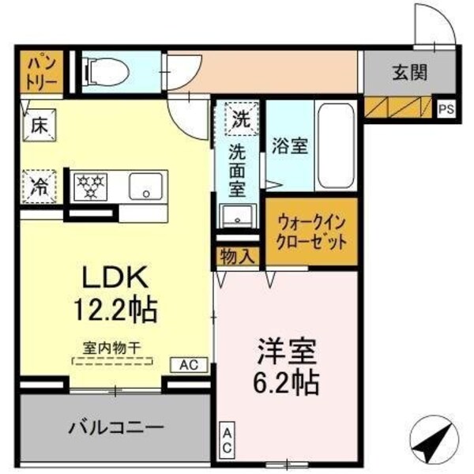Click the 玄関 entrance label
[408, 73]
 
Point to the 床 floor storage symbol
[38, 124]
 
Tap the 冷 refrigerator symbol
[38, 186]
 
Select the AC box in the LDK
[190, 364]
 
